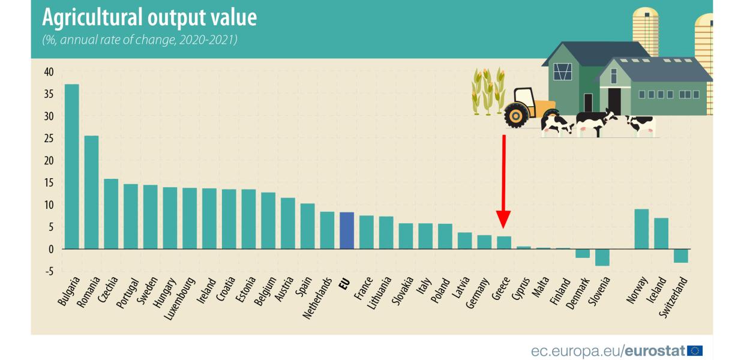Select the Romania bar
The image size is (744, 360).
(x=91, y=192)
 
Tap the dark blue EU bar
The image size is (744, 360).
(x=347, y=230)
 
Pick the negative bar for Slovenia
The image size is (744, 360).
(x=602, y=257)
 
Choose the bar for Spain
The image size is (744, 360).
(x=307, y=226)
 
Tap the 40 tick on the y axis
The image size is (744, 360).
(x=49, y=72)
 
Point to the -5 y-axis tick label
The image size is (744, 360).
(x=49, y=271)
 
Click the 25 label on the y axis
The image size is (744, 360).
(x=49, y=139)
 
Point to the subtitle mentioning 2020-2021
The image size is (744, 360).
(x=139, y=41)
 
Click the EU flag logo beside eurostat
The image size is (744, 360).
(x=695, y=350)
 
